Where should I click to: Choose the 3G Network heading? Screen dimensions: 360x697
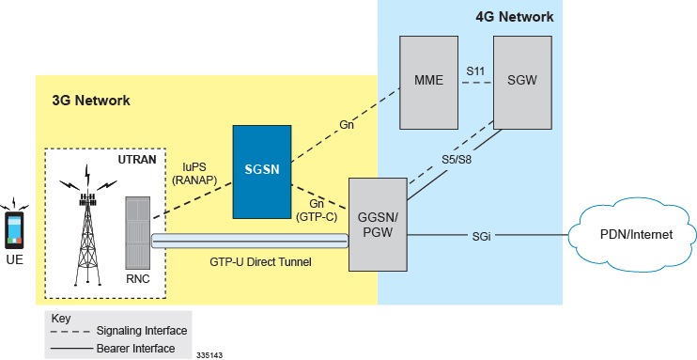(92, 100)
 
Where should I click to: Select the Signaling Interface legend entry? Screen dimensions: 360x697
(140, 330)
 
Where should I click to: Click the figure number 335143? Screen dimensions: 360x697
(210, 355)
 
